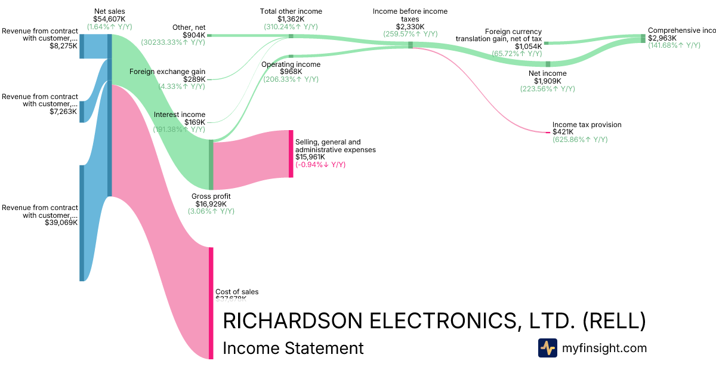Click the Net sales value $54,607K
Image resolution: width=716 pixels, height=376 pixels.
110,19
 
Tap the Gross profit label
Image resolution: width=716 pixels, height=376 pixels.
211,196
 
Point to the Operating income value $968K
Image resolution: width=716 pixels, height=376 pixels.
291,72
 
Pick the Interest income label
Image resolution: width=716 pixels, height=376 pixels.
179,115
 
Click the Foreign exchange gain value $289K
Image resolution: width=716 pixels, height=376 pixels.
195,79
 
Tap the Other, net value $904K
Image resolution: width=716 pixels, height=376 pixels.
194,35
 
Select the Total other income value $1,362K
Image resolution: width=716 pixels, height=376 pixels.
291,19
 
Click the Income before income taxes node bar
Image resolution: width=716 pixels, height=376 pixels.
410,45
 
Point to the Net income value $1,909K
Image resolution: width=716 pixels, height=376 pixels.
547,81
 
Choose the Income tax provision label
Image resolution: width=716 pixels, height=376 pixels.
587,125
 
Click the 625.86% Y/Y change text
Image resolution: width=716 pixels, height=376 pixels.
580,140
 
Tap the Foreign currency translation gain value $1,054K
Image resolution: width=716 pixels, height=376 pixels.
528,46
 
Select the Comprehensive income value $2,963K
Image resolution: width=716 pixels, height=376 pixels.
662,38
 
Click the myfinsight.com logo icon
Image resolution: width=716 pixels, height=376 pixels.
547,348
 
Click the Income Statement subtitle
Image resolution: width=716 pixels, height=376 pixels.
292,349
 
